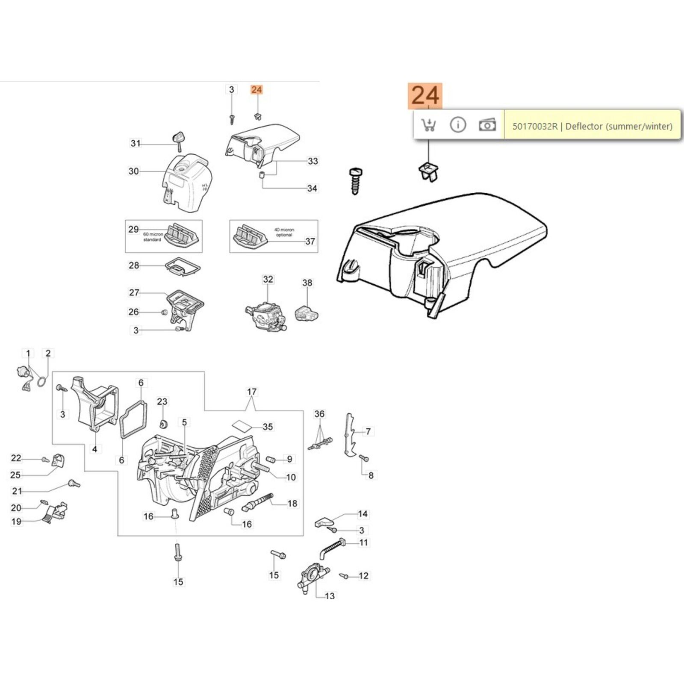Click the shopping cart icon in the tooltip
pyautogui.click(x=428, y=125)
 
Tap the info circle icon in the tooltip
pyautogui.click(x=458, y=125)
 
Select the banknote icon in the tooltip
pyautogui.click(x=487, y=125)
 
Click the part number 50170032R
pyautogui.click(x=535, y=127)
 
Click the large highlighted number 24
pyautogui.click(x=425, y=95)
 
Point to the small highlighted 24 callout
pyautogui.click(x=256, y=90)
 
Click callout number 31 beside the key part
pyautogui.click(x=136, y=144)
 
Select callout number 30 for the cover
pyautogui.click(x=133, y=171)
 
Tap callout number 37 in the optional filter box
pyautogui.click(x=310, y=242)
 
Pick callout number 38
pyautogui.click(x=307, y=283)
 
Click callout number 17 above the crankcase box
pyautogui.click(x=252, y=392)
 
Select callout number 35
pyautogui.click(x=268, y=427)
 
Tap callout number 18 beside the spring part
pyautogui.click(x=292, y=504)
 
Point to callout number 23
pyautogui.click(x=162, y=401)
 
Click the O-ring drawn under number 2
pyautogui.click(x=41, y=380)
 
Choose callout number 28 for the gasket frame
pyautogui.click(x=134, y=265)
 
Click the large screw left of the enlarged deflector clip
pyautogui.click(x=354, y=181)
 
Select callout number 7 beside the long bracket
pyautogui.click(x=368, y=431)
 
